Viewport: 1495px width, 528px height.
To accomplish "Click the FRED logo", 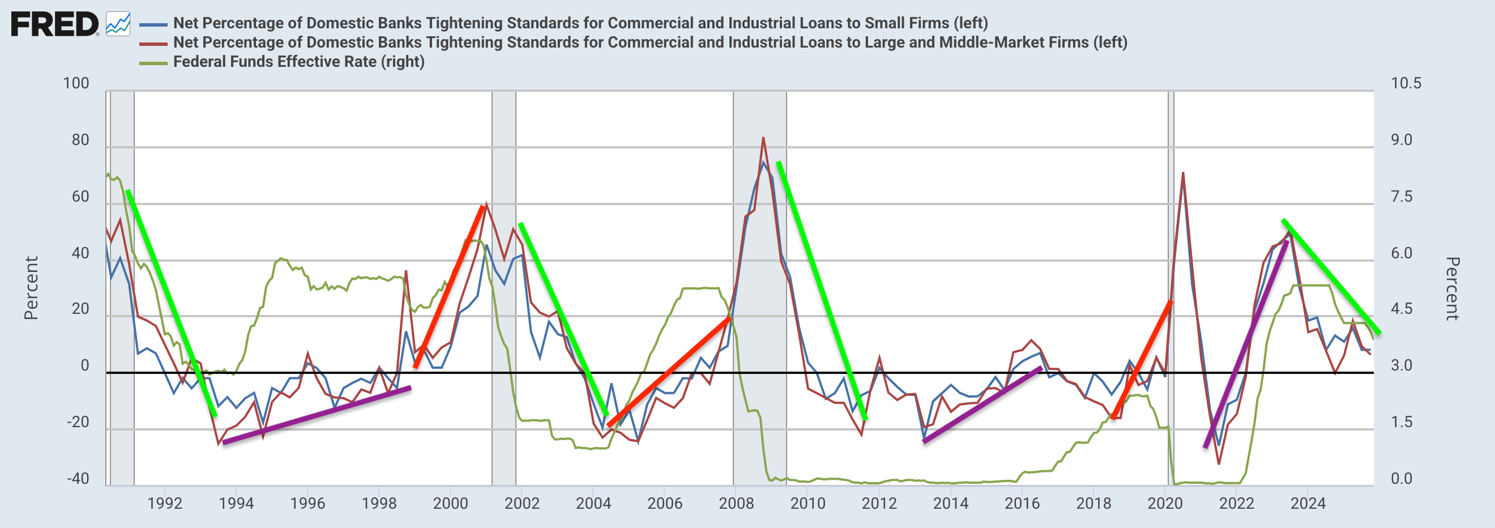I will pos(54,24).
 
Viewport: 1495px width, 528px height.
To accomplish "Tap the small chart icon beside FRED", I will pos(118,24).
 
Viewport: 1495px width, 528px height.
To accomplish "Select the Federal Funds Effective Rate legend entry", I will pos(298,62).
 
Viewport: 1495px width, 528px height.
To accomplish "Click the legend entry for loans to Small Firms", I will pos(580,23).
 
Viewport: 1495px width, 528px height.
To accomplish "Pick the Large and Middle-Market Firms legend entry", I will pos(650,42).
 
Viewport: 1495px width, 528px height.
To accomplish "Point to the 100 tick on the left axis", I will pos(76,83).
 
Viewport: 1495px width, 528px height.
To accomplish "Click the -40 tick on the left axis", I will pos(78,479).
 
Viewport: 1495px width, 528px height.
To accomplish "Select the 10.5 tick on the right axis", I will pos(1406,83).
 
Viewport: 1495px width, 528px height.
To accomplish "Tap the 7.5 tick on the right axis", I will pos(1401,197).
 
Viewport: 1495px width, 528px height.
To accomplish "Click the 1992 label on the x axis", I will pos(165,503).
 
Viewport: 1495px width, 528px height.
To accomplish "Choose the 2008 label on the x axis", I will pos(736,503).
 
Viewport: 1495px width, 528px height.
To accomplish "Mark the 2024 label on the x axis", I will pos(1308,503).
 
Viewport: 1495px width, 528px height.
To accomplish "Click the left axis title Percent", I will pos(31,288).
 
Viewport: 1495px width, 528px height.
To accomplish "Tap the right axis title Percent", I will pos(1452,288).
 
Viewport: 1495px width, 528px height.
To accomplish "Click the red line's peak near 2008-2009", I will pos(763,138).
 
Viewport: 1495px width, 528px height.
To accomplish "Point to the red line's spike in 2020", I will pos(1183,173).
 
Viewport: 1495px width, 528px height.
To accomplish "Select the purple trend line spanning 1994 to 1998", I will pos(317,415).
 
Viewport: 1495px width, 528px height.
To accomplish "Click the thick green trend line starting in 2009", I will pos(821,291).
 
